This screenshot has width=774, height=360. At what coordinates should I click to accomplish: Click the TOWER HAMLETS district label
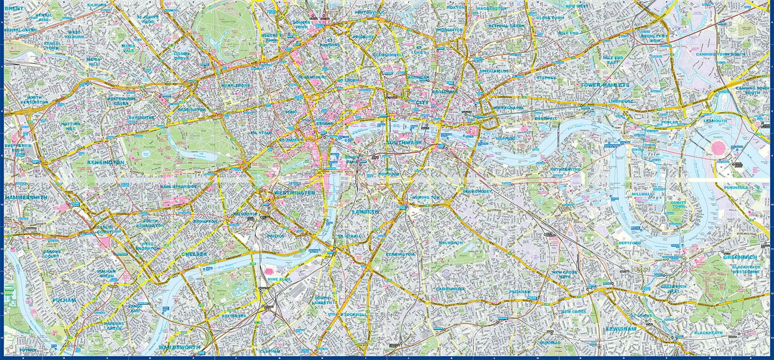[x=604, y=85]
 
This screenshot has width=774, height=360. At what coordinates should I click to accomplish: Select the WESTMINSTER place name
[x=294, y=193]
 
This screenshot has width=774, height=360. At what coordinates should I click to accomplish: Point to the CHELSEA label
[x=194, y=254]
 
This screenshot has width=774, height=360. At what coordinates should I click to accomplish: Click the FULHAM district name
[x=64, y=300]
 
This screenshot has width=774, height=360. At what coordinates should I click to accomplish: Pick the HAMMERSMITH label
[x=26, y=198]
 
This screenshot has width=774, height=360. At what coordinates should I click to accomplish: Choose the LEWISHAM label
[x=621, y=328]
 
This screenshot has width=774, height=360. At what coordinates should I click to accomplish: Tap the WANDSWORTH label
[x=179, y=347]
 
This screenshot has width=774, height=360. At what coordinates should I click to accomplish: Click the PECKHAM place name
[x=520, y=292]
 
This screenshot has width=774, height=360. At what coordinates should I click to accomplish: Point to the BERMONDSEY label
[x=477, y=192]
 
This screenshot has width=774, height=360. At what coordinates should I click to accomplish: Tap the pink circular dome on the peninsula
[x=718, y=148]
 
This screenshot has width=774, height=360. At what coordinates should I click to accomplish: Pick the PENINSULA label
[x=735, y=188]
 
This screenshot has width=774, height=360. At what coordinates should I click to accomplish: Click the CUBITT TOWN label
[x=679, y=205]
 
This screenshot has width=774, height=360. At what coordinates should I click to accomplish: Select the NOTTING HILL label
[x=70, y=127]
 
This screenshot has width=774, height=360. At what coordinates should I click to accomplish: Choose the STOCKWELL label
[x=353, y=314]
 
